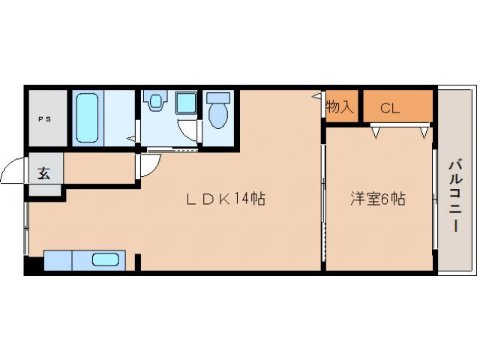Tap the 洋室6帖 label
pyautogui.click(x=379, y=199)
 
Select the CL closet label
pyautogui.click(x=389, y=107)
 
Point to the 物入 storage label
pyautogui.click(x=340, y=106)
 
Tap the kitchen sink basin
pyautogui.click(x=105, y=260)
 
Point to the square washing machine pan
pyautogui.click(x=186, y=102)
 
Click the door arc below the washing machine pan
pyautogui.click(x=190, y=132)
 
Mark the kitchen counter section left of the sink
pyautogui.click(x=58, y=260)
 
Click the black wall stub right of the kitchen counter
pyautogui.click(x=138, y=262)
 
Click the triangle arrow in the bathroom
pyautogui.click(x=132, y=138)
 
